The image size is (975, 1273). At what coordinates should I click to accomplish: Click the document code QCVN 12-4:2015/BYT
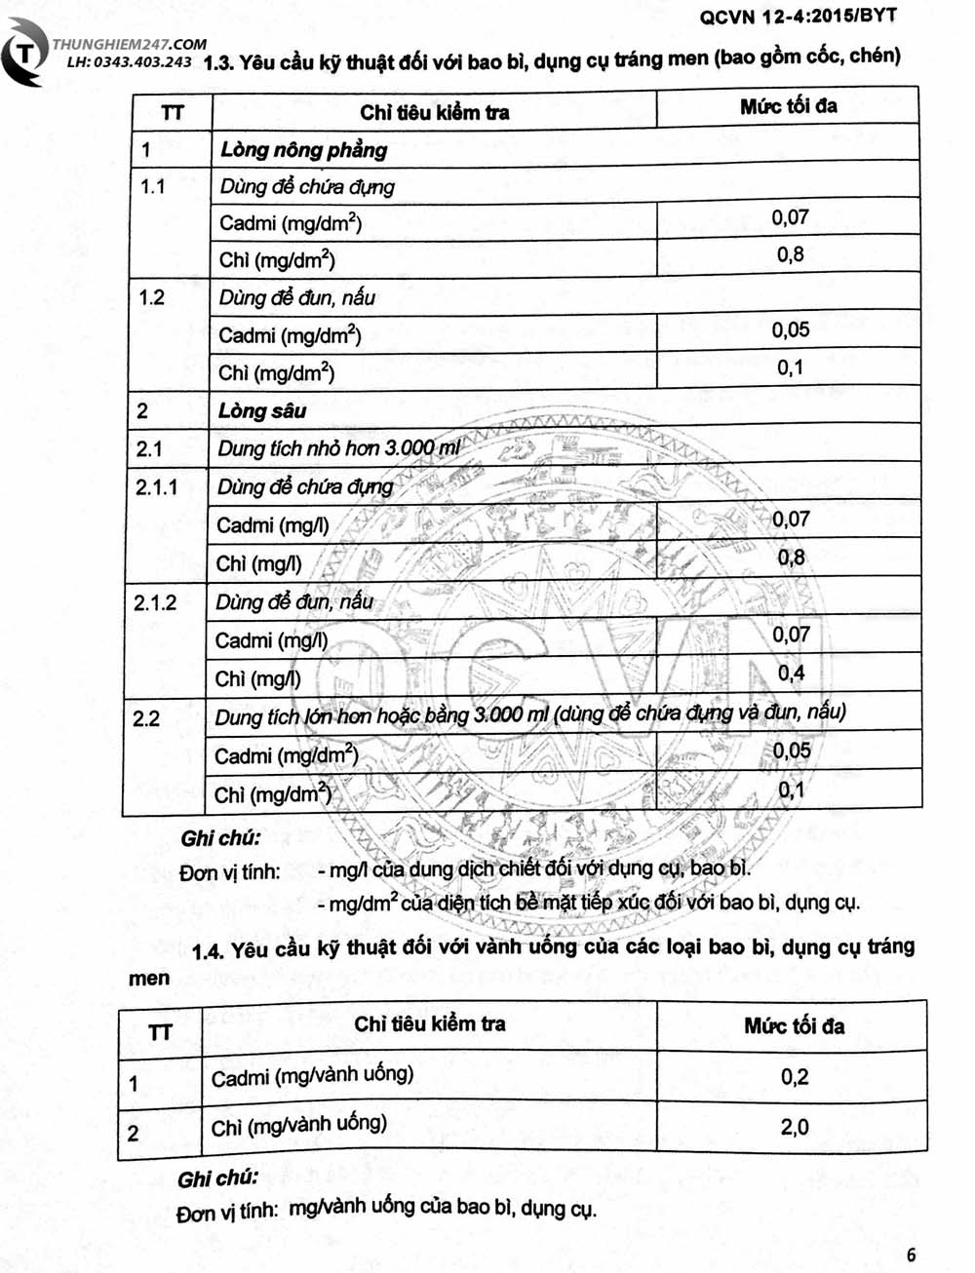[x=798, y=15]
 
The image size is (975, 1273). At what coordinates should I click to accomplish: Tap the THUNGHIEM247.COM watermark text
[x=130, y=44]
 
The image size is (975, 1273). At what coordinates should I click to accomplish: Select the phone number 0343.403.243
[x=142, y=61]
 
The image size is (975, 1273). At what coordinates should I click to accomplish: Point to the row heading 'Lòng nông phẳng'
[x=303, y=149]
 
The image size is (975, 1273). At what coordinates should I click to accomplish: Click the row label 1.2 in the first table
[x=152, y=297]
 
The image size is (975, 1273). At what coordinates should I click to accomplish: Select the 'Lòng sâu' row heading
[x=262, y=410]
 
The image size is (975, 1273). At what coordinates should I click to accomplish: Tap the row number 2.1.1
[x=157, y=486]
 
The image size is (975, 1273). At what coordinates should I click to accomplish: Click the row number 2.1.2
[x=155, y=602]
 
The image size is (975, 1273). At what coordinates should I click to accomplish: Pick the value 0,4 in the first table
[x=791, y=673]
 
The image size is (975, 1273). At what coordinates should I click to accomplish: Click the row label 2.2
[x=146, y=718]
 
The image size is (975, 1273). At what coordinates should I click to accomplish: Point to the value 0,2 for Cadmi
[x=794, y=1076]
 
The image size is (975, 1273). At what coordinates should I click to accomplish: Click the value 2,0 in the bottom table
[x=794, y=1127]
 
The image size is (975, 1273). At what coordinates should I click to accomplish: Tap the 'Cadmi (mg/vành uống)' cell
[x=312, y=1076]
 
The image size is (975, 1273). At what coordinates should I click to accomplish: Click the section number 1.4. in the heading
[x=208, y=951]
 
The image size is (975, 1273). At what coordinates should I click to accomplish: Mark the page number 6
[x=911, y=1254]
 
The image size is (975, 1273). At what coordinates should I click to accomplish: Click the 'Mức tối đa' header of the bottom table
[x=794, y=1025]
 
